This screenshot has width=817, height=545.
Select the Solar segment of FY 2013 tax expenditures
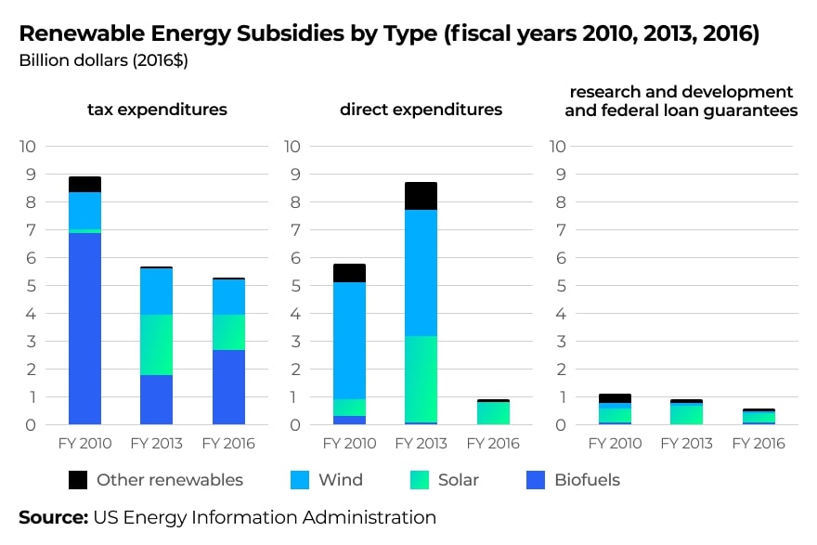tap(157, 344)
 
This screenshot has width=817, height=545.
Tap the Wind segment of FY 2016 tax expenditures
tap(228, 297)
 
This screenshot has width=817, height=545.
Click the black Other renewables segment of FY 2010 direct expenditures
tap(349, 273)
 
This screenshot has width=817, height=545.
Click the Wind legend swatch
tap(299, 480)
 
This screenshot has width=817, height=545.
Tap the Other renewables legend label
tap(170, 480)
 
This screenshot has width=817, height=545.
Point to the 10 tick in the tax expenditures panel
tap(28, 147)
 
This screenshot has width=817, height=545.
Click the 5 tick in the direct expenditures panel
tap(292, 286)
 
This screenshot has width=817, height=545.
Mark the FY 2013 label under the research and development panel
tap(687, 444)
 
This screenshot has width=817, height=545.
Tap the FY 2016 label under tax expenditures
tap(228, 444)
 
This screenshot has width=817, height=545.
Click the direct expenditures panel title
tap(421, 110)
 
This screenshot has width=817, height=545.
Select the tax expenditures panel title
tap(157, 110)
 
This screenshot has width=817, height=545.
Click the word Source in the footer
tap(53, 517)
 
